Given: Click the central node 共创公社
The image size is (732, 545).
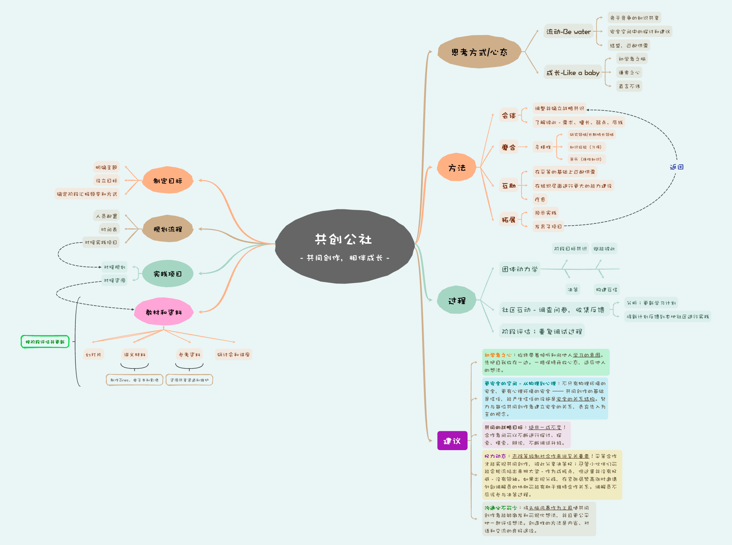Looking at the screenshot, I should [344, 246].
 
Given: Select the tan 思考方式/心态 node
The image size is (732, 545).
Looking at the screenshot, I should [479, 52].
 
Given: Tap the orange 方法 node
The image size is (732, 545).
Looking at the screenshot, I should [457, 168].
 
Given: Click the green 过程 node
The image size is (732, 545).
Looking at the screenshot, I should [457, 301].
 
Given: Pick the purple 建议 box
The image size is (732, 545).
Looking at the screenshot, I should [452, 441].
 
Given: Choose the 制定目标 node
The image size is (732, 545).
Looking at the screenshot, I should [168, 181].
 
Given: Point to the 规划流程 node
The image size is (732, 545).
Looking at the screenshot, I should [168, 229].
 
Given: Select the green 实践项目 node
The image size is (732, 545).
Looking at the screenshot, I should [168, 274].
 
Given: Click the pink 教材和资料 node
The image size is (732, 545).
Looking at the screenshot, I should [164, 312].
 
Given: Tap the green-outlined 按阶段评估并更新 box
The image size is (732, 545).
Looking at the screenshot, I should [45, 342].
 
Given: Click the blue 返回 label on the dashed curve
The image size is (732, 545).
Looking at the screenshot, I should [677, 167].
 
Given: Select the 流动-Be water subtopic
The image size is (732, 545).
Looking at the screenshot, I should [568, 32].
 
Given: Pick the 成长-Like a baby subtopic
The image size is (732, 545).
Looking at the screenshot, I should [573, 73].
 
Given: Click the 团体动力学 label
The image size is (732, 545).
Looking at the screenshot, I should [520, 269].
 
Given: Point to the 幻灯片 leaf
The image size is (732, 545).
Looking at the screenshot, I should [93, 354].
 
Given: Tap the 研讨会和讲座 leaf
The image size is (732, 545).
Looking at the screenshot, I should [233, 354].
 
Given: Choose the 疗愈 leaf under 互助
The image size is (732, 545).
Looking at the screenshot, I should [540, 199].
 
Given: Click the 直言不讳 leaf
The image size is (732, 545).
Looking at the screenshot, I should [629, 86].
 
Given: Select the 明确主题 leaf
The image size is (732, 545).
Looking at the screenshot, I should [106, 167].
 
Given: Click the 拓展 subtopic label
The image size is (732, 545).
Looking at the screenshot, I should [509, 220].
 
